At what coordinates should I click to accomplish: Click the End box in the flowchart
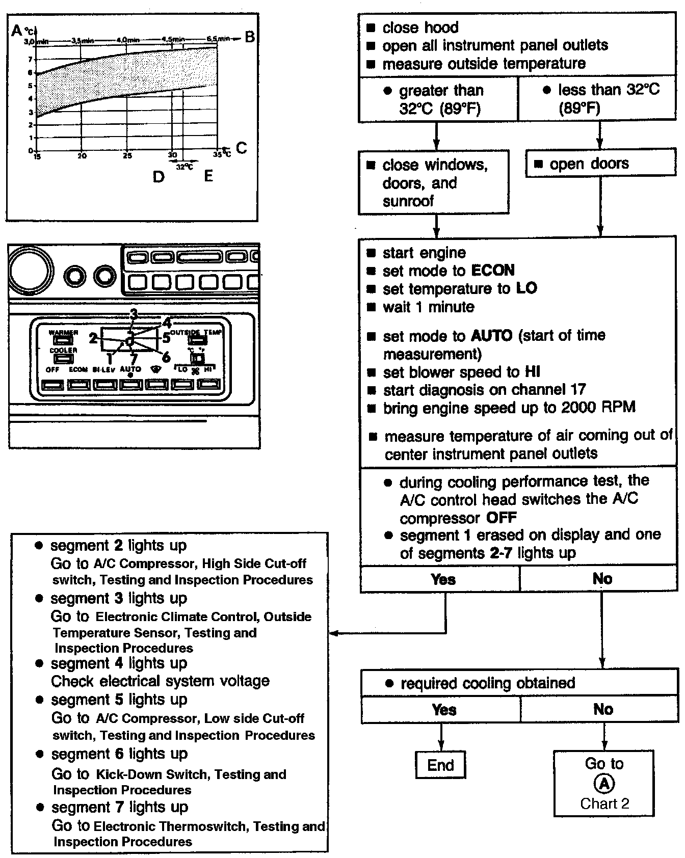(x=441, y=765)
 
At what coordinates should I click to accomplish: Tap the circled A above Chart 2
(x=604, y=784)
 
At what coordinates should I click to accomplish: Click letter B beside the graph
(x=249, y=37)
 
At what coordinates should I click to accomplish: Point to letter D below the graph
(x=159, y=177)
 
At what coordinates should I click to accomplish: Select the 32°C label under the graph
(x=185, y=166)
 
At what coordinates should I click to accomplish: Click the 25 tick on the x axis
(x=127, y=156)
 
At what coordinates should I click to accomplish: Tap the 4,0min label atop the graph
(x=128, y=40)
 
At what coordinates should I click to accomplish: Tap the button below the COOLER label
(x=63, y=359)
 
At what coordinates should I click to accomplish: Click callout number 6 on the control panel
(x=166, y=357)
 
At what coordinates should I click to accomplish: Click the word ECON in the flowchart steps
(x=493, y=270)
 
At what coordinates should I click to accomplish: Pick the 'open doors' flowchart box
(x=600, y=164)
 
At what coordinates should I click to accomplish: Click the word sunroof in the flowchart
(x=408, y=201)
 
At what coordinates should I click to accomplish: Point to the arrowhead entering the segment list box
(x=333, y=633)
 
